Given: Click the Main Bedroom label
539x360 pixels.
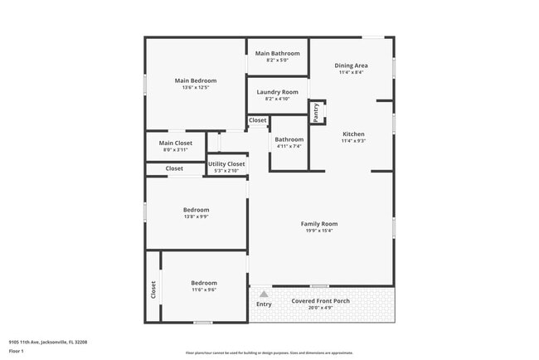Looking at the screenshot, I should pyautogui.click(x=196, y=80).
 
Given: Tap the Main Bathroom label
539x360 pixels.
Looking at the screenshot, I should pyautogui.click(x=277, y=53).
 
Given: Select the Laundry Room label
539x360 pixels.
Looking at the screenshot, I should pyautogui.click(x=277, y=92).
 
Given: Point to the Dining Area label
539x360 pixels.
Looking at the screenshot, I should pyautogui.click(x=351, y=65).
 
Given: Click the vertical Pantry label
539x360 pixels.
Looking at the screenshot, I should pyautogui.click(x=316, y=111).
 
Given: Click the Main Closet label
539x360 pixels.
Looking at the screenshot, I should pyautogui.click(x=175, y=143).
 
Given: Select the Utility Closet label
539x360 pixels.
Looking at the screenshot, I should pyautogui.click(x=226, y=164).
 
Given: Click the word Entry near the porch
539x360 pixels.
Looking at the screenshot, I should pyautogui.click(x=264, y=304).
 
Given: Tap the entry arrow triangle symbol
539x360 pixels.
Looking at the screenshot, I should pyautogui.click(x=264, y=294).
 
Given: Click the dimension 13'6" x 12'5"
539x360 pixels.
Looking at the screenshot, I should pyautogui.click(x=196, y=88).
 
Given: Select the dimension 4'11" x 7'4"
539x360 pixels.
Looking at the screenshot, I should pyautogui.click(x=289, y=146).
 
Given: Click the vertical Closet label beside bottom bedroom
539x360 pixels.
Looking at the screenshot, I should pyautogui.click(x=153, y=289).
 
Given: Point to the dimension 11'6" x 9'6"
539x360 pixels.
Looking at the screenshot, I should pyautogui.click(x=204, y=289).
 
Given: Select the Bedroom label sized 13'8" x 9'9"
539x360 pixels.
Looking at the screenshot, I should pyautogui.click(x=196, y=210).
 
